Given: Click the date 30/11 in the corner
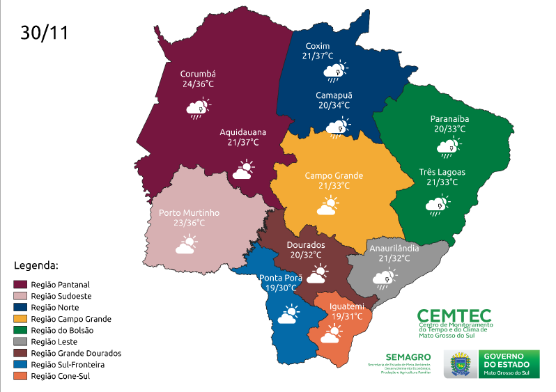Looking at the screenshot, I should (45, 33).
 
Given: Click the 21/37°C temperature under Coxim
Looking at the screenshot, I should (318, 56).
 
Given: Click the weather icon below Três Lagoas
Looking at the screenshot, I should (438, 205).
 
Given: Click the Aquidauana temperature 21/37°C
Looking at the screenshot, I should (243, 142).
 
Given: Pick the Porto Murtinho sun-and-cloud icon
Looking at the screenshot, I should (186, 244).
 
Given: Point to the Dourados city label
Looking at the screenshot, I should (306, 245).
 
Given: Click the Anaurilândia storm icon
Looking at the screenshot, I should (383, 279).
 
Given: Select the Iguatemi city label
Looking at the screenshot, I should (347, 306).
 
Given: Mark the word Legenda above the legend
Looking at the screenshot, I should (36, 266).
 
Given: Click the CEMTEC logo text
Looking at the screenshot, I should (454, 316).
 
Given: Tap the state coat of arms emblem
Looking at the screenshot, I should (460, 364).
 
